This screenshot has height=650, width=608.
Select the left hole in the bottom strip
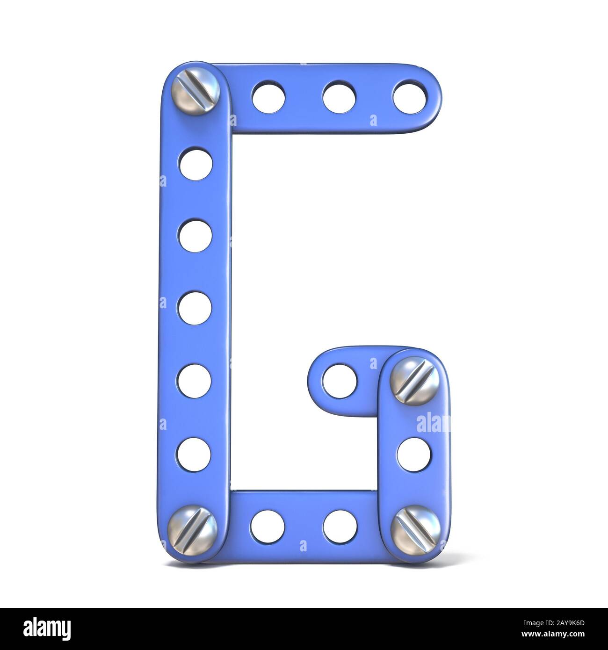click(268, 525)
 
